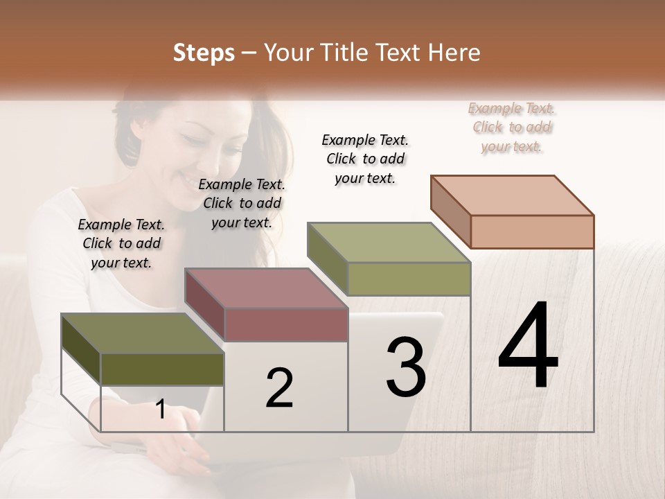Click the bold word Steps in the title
click(204, 53)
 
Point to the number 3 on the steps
click(406, 367)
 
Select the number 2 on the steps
click(280, 388)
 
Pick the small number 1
click(160, 410)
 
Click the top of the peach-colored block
click(513, 195)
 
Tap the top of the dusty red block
click(266, 288)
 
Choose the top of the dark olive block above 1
click(143, 333)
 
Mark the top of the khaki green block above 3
click(389, 243)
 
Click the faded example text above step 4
click(512, 127)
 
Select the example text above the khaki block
click(365, 159)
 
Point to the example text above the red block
click(242, 203)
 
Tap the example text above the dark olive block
click(121, 243)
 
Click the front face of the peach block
click(532, 231)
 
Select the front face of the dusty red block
click(286, 324)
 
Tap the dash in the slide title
click(249, 53)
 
